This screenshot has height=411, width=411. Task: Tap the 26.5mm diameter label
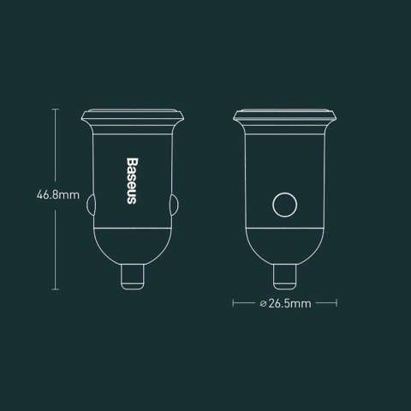pyautogui.click(x=289, y=302)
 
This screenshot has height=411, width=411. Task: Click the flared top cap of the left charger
pyautogui.click(x=133, y=115)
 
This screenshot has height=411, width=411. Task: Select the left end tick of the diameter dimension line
pyautogui.click(x=234, y=302)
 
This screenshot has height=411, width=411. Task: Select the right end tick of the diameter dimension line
pyautogui.click(x=340, y=302)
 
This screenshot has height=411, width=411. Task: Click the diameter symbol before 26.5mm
pyautogui.click(x=260, y=302)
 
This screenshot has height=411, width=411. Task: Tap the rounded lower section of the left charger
pyautogui.click(x=133, y=244)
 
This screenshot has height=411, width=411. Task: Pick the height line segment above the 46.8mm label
pyautogui.click(x=57, y=146)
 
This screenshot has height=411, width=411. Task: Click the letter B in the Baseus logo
pyautogui.click(x=133, y=161)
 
